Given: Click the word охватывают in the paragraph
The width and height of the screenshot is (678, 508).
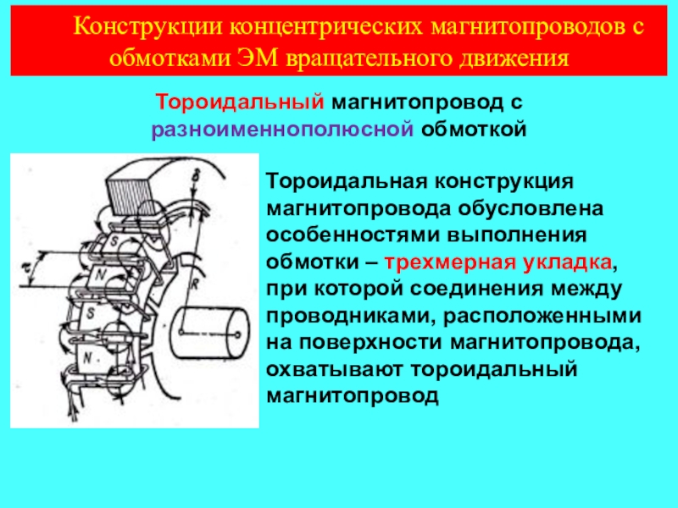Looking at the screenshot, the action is click(336, 368).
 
